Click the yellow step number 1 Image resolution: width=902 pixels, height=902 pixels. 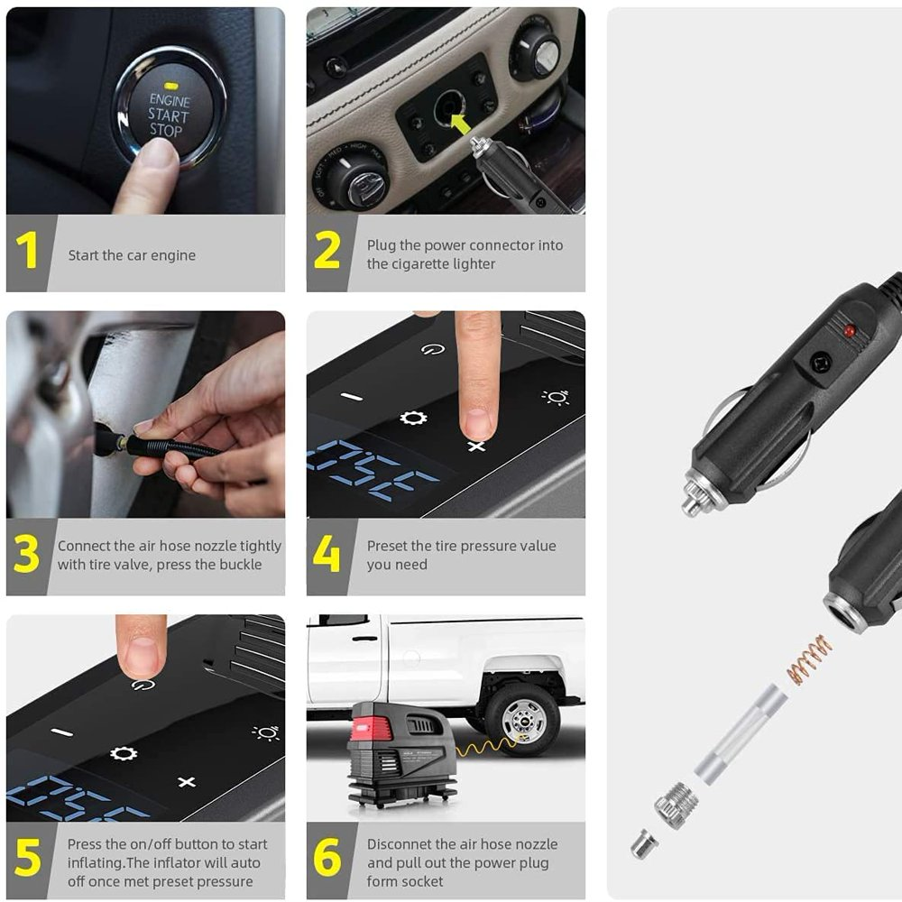26,250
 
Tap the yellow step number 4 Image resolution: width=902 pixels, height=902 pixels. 327,554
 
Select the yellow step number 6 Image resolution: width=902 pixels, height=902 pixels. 327,857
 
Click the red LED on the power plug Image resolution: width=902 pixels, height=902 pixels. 849,331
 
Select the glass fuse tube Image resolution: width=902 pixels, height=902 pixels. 741,734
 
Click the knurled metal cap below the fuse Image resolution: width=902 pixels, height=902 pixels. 676,805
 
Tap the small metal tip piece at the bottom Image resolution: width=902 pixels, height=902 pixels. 643,844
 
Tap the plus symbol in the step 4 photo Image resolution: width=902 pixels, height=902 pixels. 476,446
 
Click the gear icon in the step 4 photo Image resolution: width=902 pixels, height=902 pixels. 413,418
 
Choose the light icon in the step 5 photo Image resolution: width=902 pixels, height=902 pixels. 266,732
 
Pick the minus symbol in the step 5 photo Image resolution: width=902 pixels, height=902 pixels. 61,732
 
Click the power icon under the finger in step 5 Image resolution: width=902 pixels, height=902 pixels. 143,684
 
